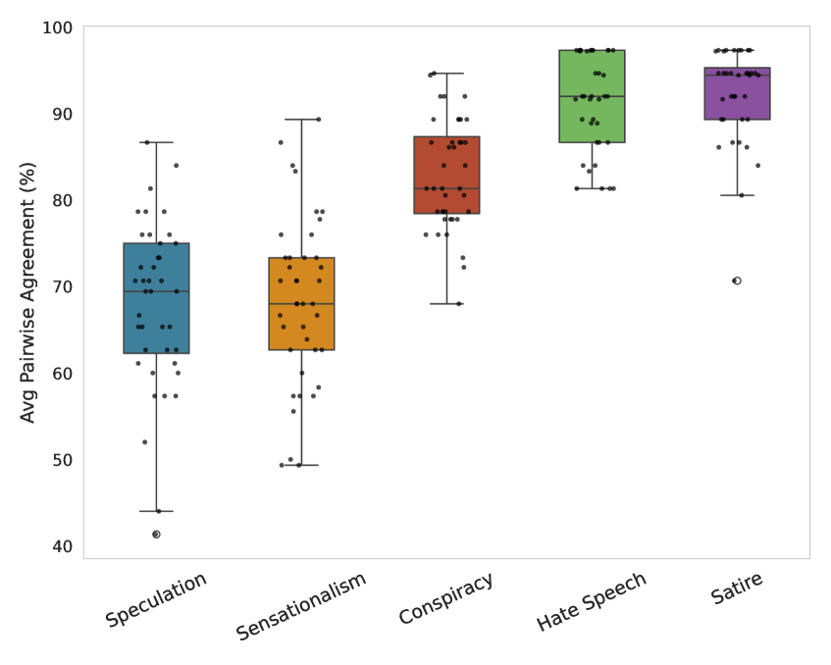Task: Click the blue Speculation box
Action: point(156,298)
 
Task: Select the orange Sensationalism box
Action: point(301,304)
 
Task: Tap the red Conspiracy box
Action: point(446,176)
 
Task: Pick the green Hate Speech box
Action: point(592,96)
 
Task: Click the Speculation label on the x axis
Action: point(156,598)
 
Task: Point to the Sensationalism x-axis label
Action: point(301,605)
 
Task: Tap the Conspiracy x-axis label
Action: point(446,598)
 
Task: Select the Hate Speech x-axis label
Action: point(592,601)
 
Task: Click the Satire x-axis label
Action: point(737,588)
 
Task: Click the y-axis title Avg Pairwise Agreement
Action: point(28,292)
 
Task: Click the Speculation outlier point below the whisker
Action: point(156,535)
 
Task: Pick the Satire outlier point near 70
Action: point(737,281)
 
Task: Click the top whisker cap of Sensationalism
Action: point(301,120)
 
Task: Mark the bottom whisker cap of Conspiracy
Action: point(446,304)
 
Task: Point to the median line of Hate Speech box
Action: point(592,96)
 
